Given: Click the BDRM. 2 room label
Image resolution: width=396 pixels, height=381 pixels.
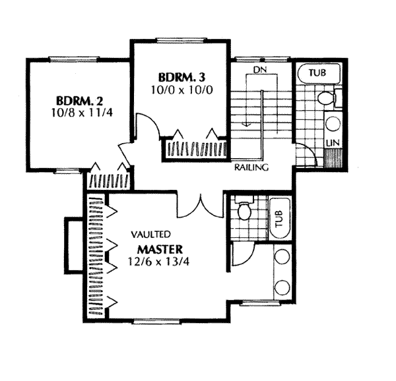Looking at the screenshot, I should point(79,102).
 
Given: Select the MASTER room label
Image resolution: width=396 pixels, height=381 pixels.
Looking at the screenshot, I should point(160,250).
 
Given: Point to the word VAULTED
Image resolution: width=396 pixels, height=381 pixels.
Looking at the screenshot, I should point(151,234).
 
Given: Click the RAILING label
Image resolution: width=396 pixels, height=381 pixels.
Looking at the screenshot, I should point(251,167).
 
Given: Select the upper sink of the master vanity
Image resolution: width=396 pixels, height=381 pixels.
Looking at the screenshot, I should point(282,258).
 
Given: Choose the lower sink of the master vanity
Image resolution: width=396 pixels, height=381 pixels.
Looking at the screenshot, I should point(282,287).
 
